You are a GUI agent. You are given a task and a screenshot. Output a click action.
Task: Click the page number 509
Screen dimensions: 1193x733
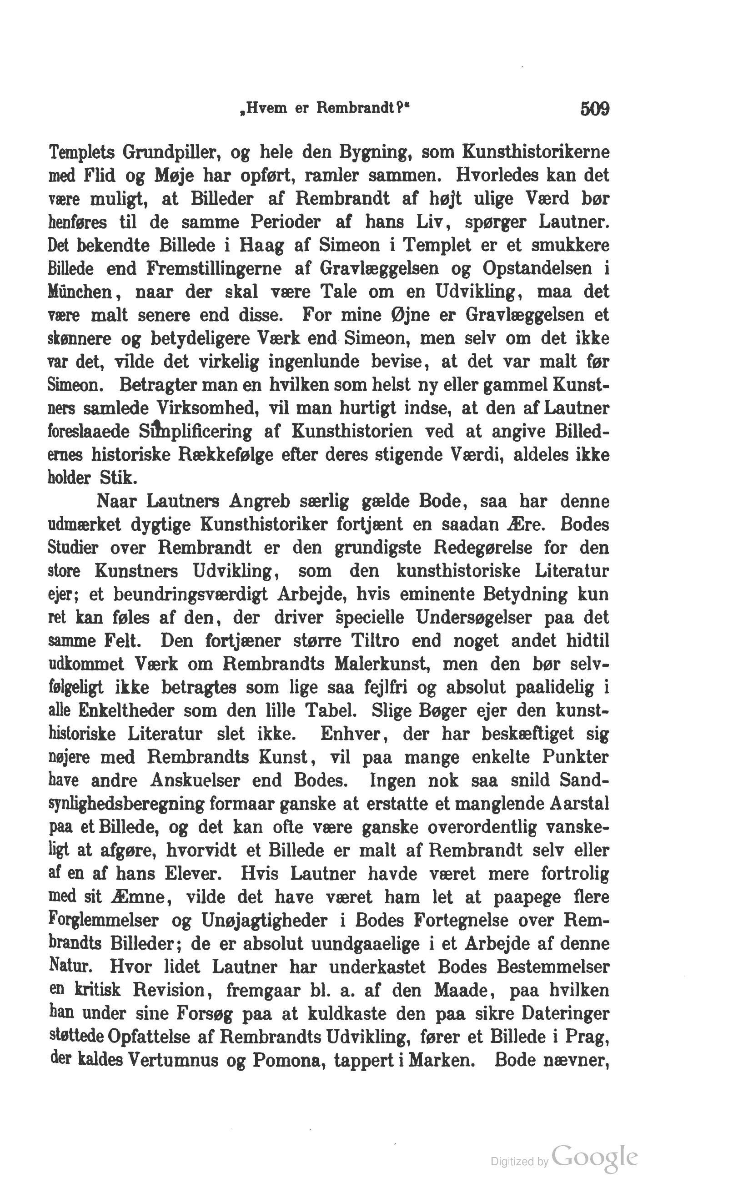[594, 108]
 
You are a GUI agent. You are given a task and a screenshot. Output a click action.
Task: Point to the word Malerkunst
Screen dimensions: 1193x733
[382, 664]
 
